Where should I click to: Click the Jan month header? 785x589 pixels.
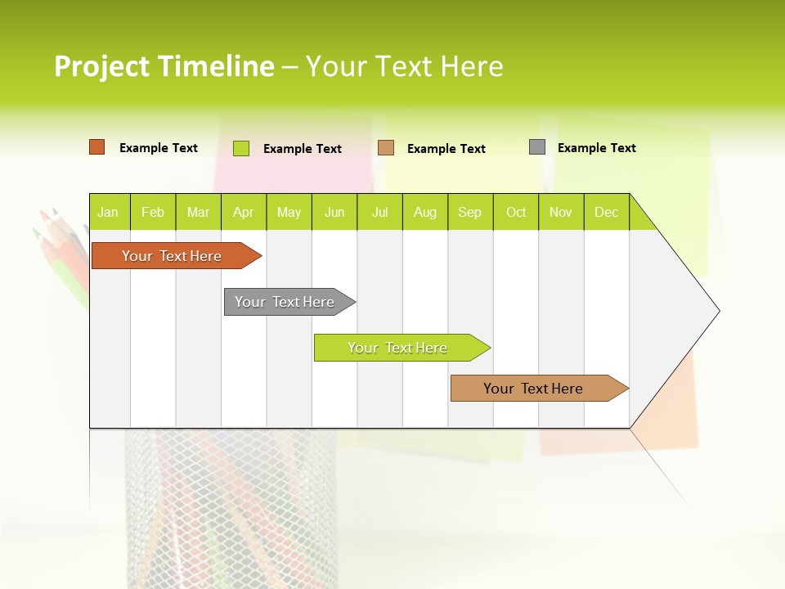(x=109, y=212)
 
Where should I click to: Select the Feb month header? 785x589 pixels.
(x=153, y=212)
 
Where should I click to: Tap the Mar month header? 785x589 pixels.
(x=198, y=212)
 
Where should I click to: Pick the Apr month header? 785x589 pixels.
(x=244, y=212)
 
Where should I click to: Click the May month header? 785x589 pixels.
(x=289, y=212)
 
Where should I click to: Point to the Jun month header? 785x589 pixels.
(x=334, y=212)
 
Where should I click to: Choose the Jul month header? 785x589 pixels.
(x=379, y=212)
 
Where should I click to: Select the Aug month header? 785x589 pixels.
(x=425, y=212)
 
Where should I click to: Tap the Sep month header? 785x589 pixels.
(x=470, y=212)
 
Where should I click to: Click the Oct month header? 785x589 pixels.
(x=516, y=212)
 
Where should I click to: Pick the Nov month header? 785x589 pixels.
(x=561, y=212)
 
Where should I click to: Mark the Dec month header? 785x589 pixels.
(x=607, y=212)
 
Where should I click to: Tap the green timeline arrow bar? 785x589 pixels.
(x=398, y=348)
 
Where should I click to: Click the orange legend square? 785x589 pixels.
(x=97, y=147)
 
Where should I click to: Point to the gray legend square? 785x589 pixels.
(x=537, y=147)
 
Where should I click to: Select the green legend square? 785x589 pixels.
(x=241, y=148)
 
